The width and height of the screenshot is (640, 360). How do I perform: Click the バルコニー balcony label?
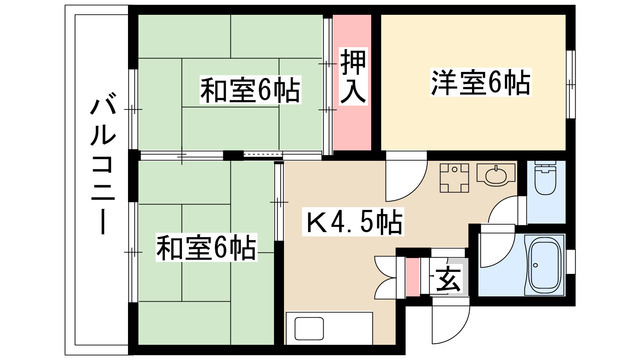tap(101, 165)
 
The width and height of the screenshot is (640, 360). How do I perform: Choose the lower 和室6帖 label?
tap(205, 246)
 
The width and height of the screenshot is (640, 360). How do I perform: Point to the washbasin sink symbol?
tap(494, 177)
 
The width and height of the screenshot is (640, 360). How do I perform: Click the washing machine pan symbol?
tap(455, 177)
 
